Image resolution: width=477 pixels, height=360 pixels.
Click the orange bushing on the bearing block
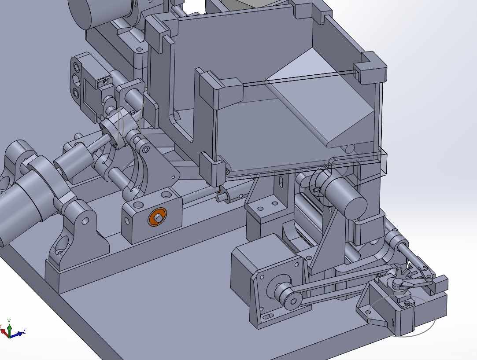pos(157,217)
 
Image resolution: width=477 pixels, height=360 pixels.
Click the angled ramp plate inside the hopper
pos(322,97)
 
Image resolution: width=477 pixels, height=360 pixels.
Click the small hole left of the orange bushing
pos(138,205)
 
